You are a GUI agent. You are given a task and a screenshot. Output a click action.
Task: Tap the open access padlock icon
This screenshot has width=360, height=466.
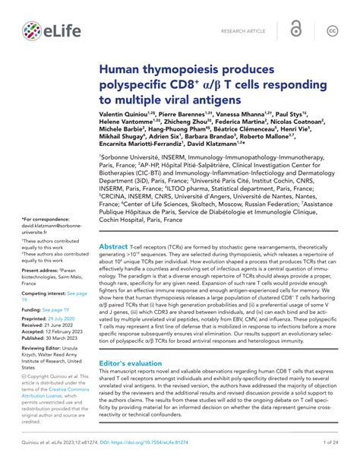[x=295, y=30]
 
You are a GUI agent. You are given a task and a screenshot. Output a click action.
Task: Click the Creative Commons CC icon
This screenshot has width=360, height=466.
[x=332, y=30]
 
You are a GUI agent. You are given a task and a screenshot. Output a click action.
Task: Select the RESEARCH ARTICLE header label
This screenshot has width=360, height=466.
[x=244, y=30]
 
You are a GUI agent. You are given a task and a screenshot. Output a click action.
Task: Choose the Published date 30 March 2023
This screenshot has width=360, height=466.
[x=59, y=337]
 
